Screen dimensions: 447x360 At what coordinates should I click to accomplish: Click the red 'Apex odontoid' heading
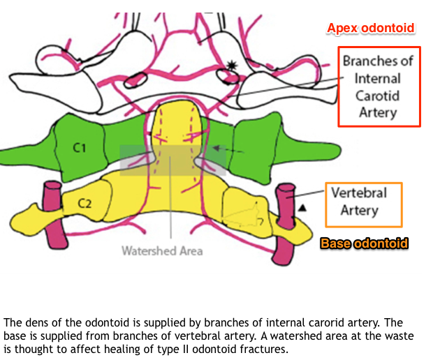(x=371, y=29)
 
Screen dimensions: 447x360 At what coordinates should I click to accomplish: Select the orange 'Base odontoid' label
(x=363, y=243)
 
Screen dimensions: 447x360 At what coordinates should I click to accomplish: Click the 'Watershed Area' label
(x=162, y=250)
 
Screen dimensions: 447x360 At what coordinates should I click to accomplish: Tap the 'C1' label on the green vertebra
(x=79, y=149)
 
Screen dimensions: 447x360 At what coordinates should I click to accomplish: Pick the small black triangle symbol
(x=302, y=208)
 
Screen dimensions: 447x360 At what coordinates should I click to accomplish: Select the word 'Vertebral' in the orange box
(x=363, y=193)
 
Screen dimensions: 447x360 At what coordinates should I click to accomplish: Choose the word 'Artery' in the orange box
(x=363, y=210)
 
